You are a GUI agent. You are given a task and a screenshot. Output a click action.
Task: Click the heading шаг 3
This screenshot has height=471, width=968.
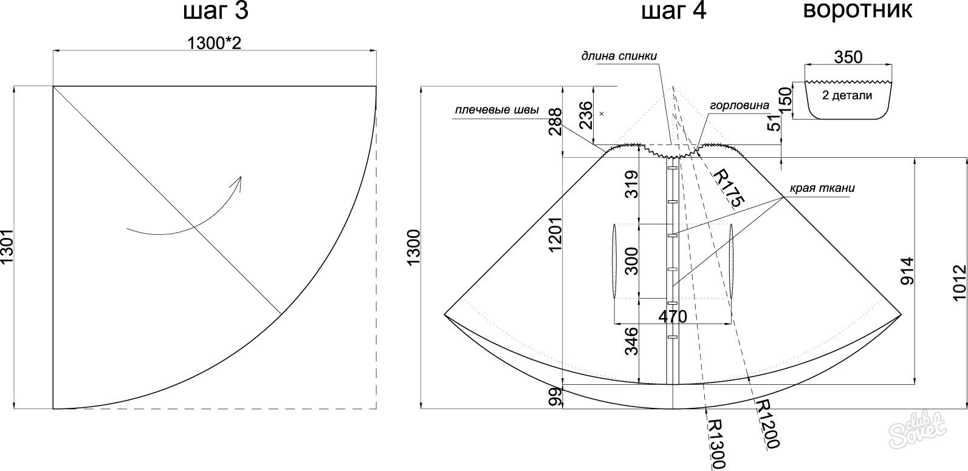(216, 11)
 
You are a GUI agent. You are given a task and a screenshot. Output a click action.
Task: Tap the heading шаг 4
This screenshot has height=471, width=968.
(673, 11)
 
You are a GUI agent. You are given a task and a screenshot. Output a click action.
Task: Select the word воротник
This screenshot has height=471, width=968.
(857, 10)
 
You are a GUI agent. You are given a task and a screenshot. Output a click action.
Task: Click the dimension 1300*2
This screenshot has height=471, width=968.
(214, 43)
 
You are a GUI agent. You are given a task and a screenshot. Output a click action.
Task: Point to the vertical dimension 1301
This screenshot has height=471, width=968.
(7, 248)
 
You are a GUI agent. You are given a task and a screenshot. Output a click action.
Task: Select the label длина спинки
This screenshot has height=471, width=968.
(619, 56)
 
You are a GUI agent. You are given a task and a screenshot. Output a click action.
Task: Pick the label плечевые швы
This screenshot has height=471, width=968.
(497, 110)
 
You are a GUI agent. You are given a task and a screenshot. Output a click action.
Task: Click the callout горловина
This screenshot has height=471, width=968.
(740, 106)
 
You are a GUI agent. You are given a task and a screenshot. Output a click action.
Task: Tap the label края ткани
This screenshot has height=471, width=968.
(822, 188)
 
